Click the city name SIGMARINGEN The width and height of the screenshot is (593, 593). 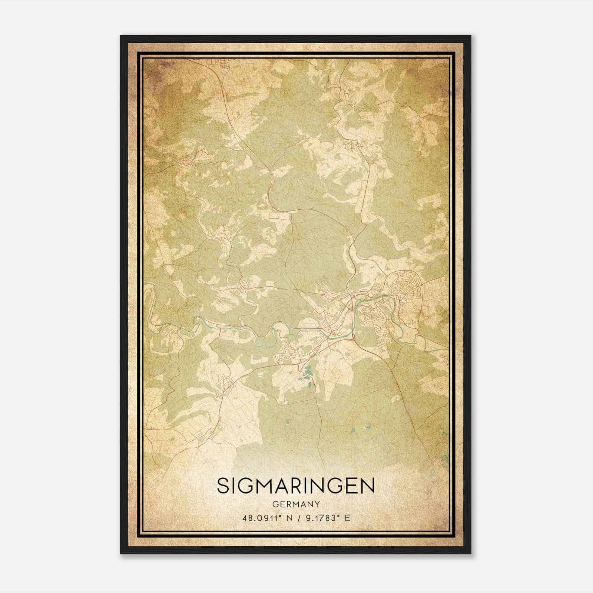(296, 486)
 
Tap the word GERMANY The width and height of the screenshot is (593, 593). (296, 504)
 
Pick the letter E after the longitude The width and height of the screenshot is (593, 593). (347, 518)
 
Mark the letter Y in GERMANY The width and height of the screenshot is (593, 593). (317, 504)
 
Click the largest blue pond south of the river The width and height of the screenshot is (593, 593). (308, 370)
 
